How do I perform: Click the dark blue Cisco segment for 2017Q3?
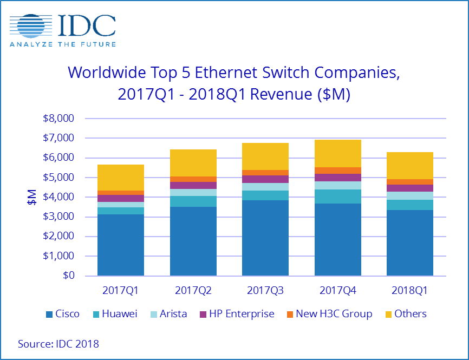[x=265, y=238]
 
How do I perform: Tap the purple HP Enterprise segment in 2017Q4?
[x=337, y=178]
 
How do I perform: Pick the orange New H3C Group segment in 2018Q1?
[x=409, y=182]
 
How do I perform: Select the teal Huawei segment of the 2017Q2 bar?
[x=193, y=201]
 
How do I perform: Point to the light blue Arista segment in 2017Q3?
[x=265, y=187]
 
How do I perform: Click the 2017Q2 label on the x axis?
[x=193, y=291]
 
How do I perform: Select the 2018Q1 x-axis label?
[x=409, y=291]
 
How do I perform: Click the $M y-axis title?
[x=31, y=197]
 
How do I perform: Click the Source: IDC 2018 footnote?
[x=58, y=344]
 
